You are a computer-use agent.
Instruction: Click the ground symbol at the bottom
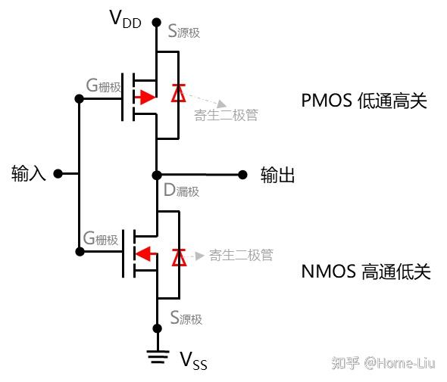[x=157, y=356]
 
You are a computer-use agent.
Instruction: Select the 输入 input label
[x=29, y=174]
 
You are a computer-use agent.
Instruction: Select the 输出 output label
[x=277, y=175]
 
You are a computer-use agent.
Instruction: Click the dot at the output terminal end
[x=242, y=175]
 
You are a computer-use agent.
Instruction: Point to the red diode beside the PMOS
[x=179, y=93]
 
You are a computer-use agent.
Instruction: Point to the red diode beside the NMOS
[x=179, y=256]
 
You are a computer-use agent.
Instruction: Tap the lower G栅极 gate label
[x=101, y=239]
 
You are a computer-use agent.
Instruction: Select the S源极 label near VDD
[x=186, y=33]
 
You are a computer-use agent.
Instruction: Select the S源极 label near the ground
[x=186, y=318]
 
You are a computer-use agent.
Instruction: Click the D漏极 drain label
[x=182, y=191]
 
